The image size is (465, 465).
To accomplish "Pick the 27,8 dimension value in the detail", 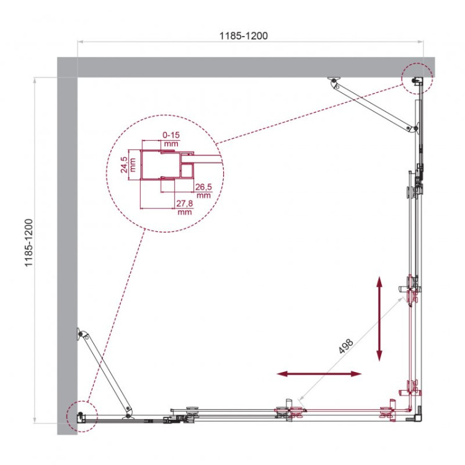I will (184, 207).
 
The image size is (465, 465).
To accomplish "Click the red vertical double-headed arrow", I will (379, 319).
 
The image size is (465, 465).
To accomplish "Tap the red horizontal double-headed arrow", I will (319, 374).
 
